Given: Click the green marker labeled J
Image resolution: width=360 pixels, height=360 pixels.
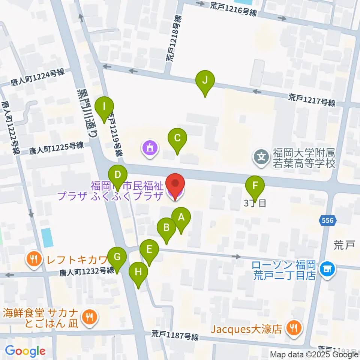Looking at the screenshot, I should [205, 80].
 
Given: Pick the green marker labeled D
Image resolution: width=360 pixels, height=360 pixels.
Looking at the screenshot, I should [118, 175].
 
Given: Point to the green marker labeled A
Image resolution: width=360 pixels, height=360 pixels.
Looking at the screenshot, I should [181, 217].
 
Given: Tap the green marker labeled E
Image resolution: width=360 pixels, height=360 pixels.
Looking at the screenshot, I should [149, 249].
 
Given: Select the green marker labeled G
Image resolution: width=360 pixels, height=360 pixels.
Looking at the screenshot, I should [117, 257].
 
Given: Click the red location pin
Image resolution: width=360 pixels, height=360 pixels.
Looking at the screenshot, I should [175, 184].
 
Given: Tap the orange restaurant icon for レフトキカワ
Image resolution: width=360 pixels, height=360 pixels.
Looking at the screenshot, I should [34, 258].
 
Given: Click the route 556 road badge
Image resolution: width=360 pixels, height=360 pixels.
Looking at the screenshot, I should [328, 221].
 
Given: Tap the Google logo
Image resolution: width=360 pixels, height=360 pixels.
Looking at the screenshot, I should [25, 351].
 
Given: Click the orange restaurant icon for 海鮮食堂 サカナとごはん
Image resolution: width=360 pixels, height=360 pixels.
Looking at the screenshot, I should [89, 317].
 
